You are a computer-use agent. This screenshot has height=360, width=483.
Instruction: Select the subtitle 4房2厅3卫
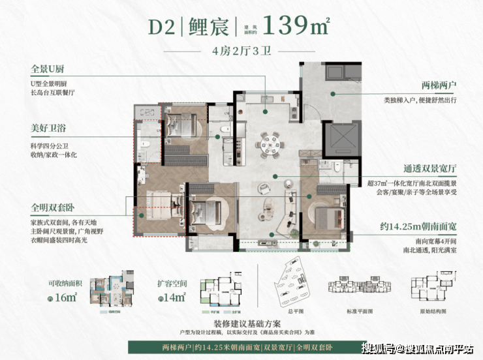pyautogui.click(x=241, y=52)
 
